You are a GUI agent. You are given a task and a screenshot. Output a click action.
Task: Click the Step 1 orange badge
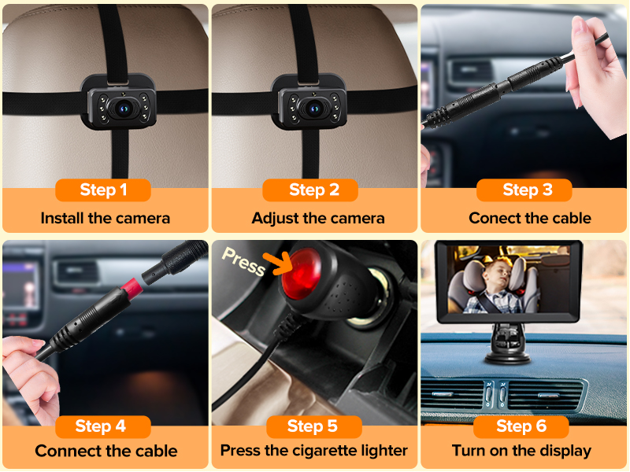point(103,190)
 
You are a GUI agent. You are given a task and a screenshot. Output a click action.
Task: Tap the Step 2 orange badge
point(313,190)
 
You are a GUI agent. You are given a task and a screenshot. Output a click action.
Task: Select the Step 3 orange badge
point(528,190)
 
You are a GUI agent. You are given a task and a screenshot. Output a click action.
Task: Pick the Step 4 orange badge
point(100,426)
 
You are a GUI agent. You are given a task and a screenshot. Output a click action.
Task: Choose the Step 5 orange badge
point(313,426)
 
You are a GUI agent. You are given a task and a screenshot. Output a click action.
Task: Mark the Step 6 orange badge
point(521,426)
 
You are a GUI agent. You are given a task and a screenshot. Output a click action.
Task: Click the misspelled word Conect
point(493,218)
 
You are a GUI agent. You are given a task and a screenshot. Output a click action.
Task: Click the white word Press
point(243,261)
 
